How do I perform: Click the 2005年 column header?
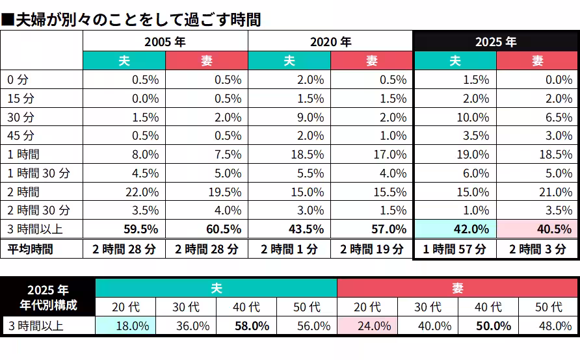[x=165, y=42]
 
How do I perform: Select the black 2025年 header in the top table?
[x=495, y=42]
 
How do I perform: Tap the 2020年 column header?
[x=330, y=42]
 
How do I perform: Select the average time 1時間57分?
[x=455, y=250]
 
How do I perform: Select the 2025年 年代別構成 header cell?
[x=47, y=297]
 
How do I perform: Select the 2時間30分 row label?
[x=38, y=211]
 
